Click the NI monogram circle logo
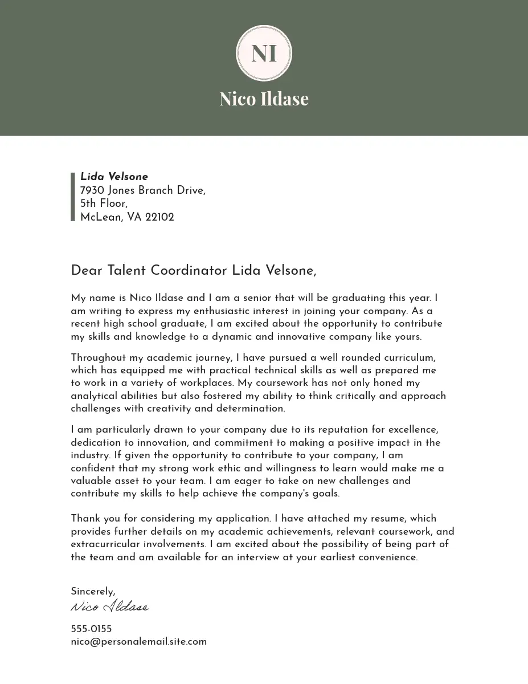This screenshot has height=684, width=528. pos(264,53)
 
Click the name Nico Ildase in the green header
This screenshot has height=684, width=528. pos(264,99)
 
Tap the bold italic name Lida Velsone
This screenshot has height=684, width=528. pos(114,177)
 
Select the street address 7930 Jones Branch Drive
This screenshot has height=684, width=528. pos(142,190)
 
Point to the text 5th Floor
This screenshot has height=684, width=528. pos(104,203)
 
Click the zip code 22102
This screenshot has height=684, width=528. pos(159,217)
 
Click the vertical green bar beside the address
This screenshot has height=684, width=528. pos(73,197)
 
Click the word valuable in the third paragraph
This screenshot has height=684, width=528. pos(91,481)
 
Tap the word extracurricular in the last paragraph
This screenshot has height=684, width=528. pos(106,544)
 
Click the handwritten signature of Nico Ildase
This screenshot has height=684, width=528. pos(110,606)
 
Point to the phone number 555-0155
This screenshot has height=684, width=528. pos(91,629)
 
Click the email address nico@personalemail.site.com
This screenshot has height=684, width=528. pos(138,642)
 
